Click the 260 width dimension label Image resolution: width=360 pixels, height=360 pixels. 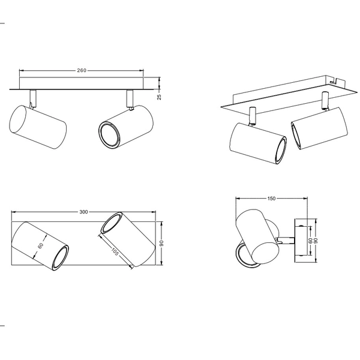82,70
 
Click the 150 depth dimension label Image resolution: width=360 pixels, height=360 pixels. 271,198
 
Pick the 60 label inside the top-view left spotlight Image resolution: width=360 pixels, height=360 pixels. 41,245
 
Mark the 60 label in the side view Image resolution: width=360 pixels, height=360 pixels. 310,240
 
